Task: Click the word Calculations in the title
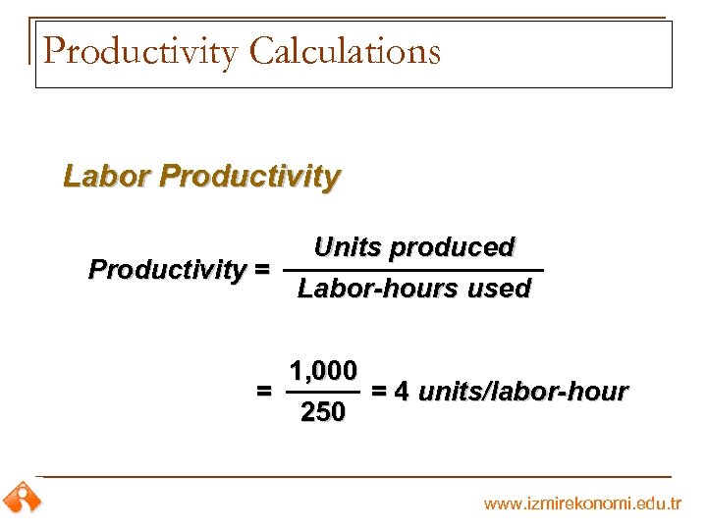point(345,51)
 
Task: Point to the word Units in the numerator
point(348,247)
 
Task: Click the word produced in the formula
point(452,247)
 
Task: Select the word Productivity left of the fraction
point(167,269)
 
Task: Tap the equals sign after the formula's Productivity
point(262,269)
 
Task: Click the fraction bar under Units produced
point(412,269)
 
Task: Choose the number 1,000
point(323,371)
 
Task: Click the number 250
point(323,413)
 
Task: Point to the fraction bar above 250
point(323,393)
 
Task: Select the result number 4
point(401,392)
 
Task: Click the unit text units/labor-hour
point(523,392)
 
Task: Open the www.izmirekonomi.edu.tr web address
point(582,503)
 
